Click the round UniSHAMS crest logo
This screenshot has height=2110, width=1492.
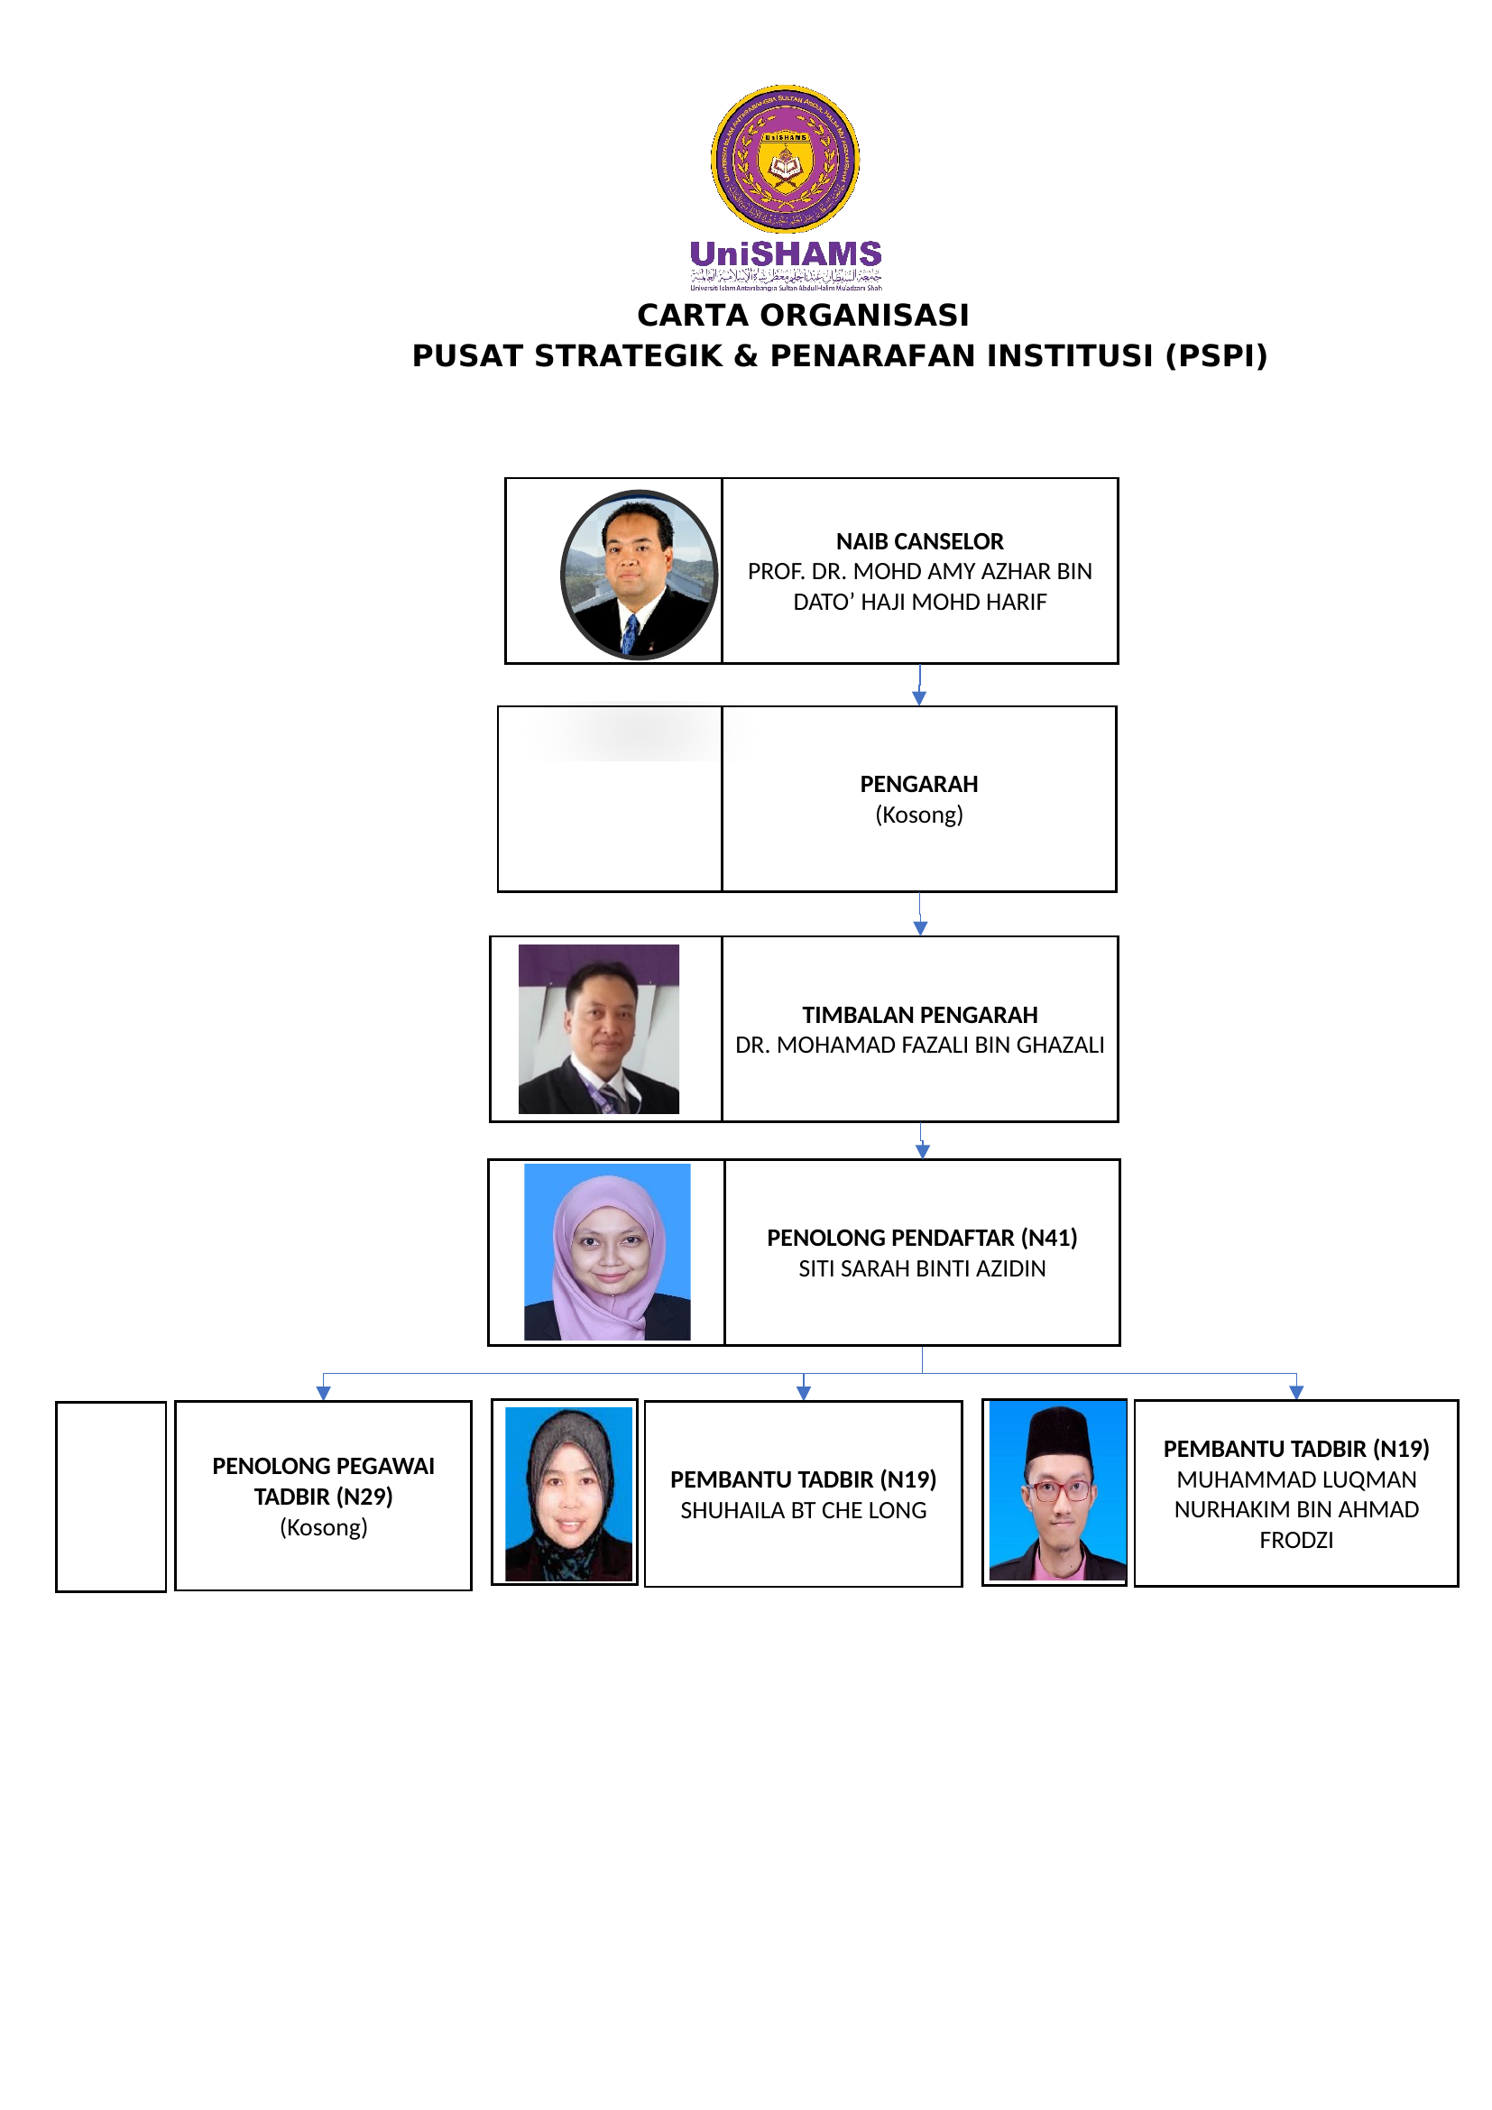click(785, 158)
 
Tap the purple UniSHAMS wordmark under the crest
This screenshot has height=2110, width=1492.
click(786, 253)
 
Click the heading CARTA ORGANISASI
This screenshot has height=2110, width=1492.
click(803, 315)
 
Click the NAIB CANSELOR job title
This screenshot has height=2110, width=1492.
click(919, 541)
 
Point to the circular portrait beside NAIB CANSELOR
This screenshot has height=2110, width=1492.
click(639, 575)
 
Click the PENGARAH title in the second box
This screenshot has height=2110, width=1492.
click(918, 784)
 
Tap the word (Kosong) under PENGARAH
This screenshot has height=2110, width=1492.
click(918, 815)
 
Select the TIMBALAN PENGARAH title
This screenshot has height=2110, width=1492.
click(919, 1015)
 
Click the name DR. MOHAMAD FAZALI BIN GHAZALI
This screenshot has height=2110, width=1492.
click(919, 1045)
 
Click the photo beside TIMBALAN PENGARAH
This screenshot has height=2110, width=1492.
click(599, 1028)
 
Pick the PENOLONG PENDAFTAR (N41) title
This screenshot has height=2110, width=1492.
click(922, 1238)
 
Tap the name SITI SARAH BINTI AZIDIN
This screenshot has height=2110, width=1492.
click(922, 1268)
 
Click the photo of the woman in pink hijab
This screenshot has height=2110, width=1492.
click(606, 1252)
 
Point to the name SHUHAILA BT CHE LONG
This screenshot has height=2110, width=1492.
click(803, 1510)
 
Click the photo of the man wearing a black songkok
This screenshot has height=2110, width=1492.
click(1056, 1491)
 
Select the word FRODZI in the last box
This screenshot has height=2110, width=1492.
click(1295, 1540)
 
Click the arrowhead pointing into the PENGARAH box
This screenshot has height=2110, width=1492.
click(918, 698)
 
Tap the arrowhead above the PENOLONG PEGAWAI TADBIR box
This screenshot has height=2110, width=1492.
click(324, 1393)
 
